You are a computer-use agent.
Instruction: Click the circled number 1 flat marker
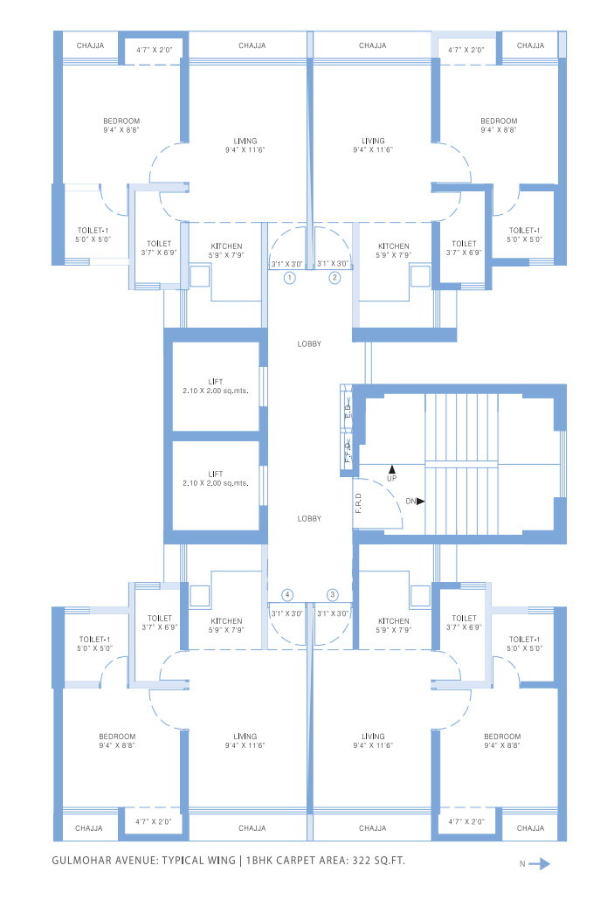[290, 278]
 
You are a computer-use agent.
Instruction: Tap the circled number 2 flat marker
[334, 278]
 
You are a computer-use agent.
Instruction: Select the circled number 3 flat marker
[332, 594]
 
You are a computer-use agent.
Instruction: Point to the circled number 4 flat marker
[287, 594]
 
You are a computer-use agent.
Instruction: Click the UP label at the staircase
[391, 478]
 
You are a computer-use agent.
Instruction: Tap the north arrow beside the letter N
[540, 864]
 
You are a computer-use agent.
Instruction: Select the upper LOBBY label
[309, 343]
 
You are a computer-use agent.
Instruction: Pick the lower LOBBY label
[309, 518]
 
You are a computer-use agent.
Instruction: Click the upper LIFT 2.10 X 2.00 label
[216, 386]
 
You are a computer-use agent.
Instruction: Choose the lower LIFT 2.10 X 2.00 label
[216, 478]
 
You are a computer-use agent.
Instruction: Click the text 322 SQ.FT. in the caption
[379, 861]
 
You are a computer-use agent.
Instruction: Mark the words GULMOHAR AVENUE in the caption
[102, 861]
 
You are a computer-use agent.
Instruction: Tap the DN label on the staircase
[410, 502]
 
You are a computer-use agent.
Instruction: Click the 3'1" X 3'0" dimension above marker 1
[287, 263]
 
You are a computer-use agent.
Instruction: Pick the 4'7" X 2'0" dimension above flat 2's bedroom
[466, 51]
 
